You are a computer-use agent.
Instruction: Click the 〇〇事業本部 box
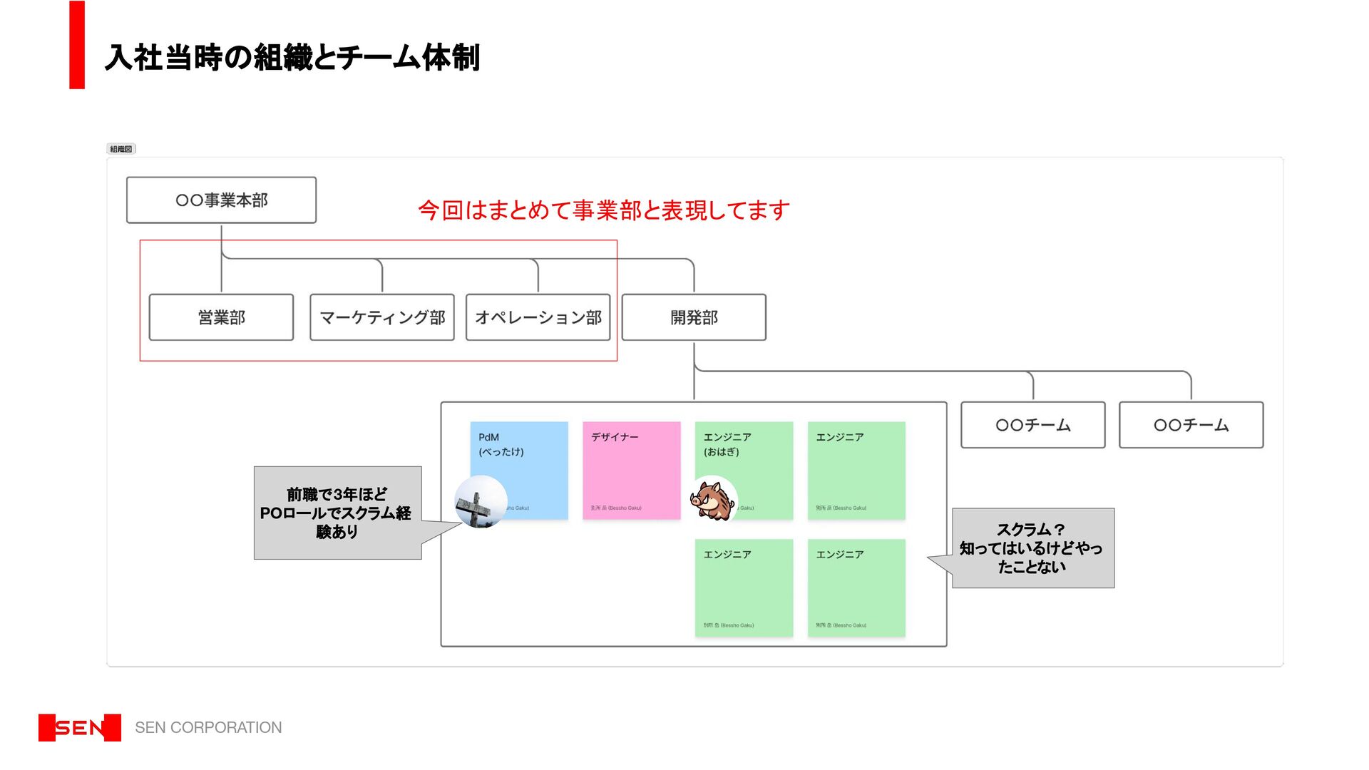(221, 200)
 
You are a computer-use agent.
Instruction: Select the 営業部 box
(221, 317)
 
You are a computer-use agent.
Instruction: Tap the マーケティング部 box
(382, 317)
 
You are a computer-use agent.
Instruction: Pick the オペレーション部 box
(538, 317)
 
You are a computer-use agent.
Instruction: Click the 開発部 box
(694, 317)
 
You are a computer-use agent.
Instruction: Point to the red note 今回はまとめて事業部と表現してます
(603, 210)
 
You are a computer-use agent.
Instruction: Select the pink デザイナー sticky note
(632, 471)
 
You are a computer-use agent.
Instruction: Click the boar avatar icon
(713, 498)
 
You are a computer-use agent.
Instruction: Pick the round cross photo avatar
(481, 502)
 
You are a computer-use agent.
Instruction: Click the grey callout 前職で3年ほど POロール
(337, 513)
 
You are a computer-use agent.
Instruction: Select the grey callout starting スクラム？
(1032, 548)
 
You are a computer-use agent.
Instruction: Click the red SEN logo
(80, 728)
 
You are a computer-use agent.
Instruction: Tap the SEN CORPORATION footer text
(208, 728)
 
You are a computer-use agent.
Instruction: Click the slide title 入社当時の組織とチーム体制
(292, 58)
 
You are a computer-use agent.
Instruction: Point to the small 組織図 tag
(121, 149)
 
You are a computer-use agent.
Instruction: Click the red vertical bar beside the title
(77, 45)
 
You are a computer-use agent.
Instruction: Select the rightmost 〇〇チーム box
(1191, 425)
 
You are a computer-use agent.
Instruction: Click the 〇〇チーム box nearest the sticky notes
(1032, 425)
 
